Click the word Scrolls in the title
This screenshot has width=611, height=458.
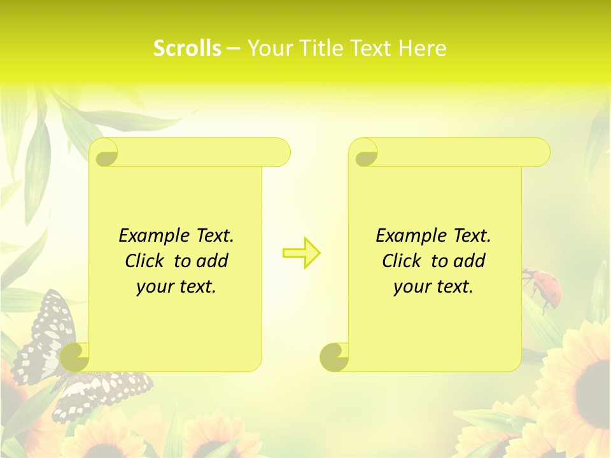click(x=187, y=48)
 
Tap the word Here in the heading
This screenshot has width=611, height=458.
click(x=422, y=48)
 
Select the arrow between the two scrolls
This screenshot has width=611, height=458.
click(x=302, y=253)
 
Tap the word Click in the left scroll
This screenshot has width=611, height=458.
click(x=146, y=261)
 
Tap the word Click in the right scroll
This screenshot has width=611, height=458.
click(x=403, y=261)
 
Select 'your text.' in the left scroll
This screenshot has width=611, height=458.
click(x=176, y=286)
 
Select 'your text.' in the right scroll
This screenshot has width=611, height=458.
click(x=433, y=286)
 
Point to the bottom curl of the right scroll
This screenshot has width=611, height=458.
click(x=334, y=357)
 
